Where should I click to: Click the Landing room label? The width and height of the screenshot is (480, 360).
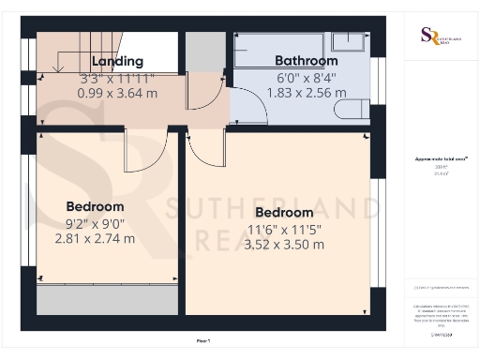[117, 62]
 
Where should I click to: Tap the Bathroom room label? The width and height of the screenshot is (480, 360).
[307, 62]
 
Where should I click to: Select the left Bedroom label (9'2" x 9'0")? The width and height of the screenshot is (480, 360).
[95, 206]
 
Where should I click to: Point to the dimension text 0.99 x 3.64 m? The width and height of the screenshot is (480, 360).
[117, 93]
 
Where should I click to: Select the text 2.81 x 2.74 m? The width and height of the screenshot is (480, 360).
[95, 239]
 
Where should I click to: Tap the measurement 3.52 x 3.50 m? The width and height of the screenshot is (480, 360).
[283, 245]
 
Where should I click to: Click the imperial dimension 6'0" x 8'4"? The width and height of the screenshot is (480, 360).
[307, 78]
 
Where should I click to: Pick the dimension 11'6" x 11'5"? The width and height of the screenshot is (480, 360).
[283, 229]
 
